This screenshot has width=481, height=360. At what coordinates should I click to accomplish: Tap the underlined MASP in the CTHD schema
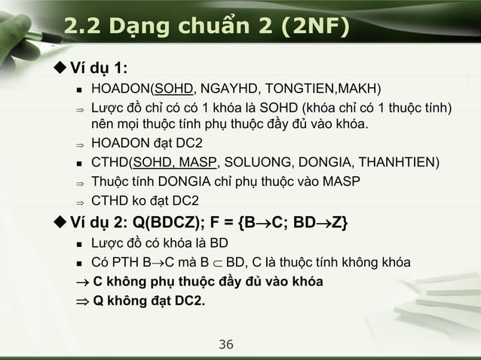(x=196, y=163)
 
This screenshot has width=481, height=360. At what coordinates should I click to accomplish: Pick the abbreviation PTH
(x=128, y=263)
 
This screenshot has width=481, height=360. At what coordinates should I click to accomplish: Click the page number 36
(x=225, y=345)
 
